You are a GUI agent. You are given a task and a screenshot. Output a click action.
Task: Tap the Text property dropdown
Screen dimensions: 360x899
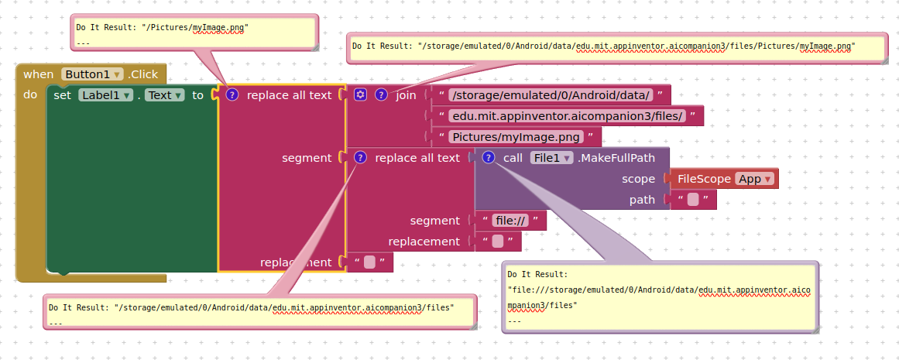[164, 94]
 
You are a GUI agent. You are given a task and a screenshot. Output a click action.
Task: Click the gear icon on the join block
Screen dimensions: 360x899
[360, 94]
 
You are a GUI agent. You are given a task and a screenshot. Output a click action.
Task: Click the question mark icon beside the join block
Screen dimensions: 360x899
[381, 94]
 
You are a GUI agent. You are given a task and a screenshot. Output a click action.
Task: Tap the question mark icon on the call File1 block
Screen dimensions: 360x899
[488, 157]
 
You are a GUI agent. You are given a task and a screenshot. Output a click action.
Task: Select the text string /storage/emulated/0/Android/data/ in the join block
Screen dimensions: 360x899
[551, 95]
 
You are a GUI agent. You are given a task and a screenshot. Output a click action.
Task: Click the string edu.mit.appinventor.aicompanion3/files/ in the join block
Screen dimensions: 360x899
[568, 116]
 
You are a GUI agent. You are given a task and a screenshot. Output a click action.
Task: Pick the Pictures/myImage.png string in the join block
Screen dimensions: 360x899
[516, 137]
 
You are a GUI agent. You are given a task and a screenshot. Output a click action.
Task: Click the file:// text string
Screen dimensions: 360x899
[510, 221]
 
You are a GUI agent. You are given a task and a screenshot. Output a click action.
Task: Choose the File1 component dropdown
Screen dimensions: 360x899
[551, 158]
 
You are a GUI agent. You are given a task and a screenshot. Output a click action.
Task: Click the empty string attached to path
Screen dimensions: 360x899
[693, 200]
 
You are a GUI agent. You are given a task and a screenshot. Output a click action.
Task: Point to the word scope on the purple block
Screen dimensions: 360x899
[638, 179]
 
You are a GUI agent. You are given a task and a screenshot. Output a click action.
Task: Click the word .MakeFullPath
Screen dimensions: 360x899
[616, 158]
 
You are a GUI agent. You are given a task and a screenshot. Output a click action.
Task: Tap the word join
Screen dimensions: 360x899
[406, 95]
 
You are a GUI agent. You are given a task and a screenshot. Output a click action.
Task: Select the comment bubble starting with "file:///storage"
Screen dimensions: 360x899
[660, 297]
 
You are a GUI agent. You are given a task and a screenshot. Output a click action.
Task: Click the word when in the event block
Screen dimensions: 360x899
[38, 74]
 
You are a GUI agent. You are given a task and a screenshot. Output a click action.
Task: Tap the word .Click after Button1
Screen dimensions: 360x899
[142, 74]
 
